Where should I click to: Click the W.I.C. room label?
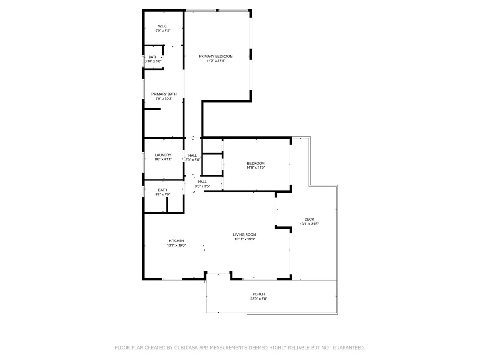pyautogui.click(x=163, y=26)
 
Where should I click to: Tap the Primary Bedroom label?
pyautogui.click(x=216, y=56)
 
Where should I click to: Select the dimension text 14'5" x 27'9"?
pyautogui.click(x=216, y=60)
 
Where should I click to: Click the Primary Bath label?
pyautogui.click(x=164, y=94)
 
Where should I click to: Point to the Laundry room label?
pyautogui.click(x=163, y=155)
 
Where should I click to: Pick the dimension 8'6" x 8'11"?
pyautogui.click(x=163, y=159)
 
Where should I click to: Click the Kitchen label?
pyautogui.click(x=177, y=241)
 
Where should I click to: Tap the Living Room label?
pyautogui.click(x=245, y=235)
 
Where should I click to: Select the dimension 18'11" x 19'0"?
pyautogui.click(x=245, y=239)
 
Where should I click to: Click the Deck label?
pyautogui.click(x=309, y=219)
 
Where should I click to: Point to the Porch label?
pyautogui.click(x=259, y=294)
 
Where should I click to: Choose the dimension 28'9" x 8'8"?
pyautogui.click(x=259, y=299)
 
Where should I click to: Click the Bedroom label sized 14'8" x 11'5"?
pyautogui.click(x=256, y=164)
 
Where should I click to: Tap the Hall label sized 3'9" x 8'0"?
pyautogui.click(x=193, y=156)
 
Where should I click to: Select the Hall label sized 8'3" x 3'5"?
pyautogui.click(x=202, y=182)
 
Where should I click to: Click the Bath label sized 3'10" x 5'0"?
pyautogui.click(x=153, y=57)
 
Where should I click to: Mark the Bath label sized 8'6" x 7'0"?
pyautogui.click(x=163, y=190)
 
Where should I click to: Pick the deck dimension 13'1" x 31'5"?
pyautogui.click(x=309, y=224)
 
